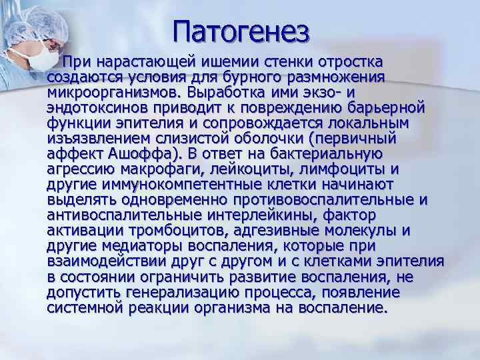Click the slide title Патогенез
coord(241,30)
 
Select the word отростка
coord(347,63)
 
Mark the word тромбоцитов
coord(183,230)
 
